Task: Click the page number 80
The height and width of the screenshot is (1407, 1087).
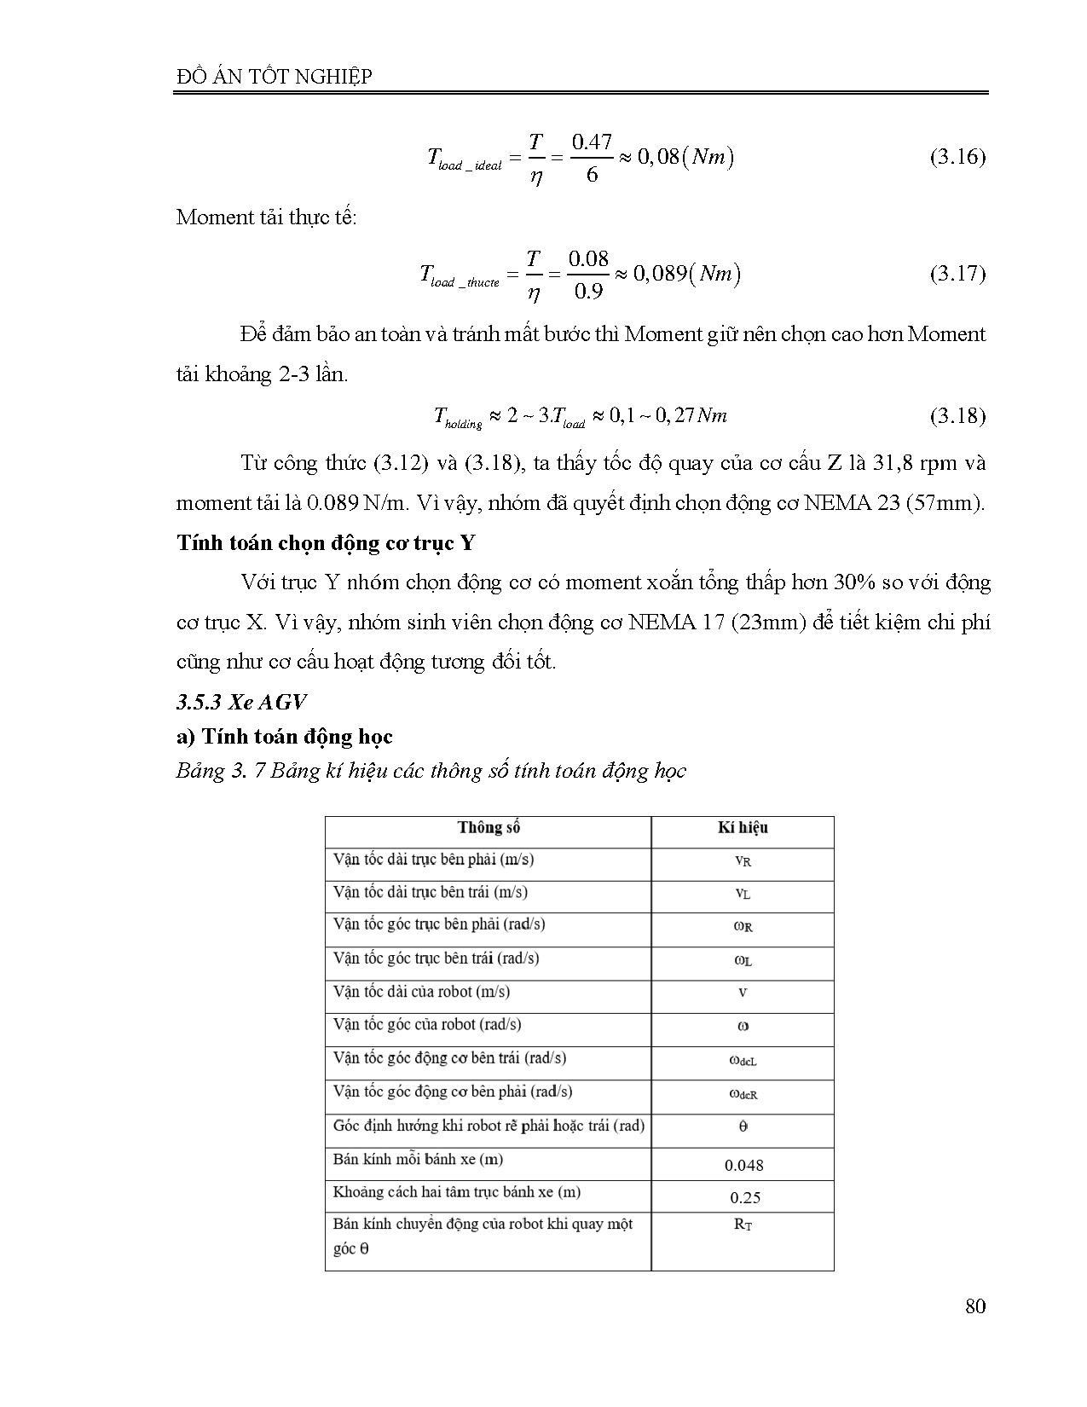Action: click(x=975, y=1306)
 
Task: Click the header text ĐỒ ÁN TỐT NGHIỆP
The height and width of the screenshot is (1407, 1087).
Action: click(x=274, y=77)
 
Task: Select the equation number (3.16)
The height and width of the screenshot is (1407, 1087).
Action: click(x=957, y=158)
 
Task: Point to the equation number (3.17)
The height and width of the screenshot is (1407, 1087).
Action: click(x=957, y=275)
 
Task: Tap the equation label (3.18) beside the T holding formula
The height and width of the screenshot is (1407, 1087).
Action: click(x=957, y=416)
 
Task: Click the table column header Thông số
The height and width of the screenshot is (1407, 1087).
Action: click(x=489, y=828)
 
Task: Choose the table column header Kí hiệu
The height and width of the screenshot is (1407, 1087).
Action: click(x=743, y=828)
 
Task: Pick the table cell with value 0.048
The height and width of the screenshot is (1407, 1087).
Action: click(x=743, y=1165)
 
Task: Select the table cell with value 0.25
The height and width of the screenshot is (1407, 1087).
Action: click(x=744, y=1198)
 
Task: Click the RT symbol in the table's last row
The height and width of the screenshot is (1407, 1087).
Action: click(x=743, y=1225)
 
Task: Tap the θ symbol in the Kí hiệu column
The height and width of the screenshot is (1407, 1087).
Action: click(x=743, y=1126)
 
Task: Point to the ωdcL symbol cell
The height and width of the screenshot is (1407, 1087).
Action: click(x=743, y=1061)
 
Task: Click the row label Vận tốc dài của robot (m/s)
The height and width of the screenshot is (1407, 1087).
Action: click(x=421, y=992)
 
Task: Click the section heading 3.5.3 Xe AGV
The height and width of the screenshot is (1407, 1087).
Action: click(x=241, y=702)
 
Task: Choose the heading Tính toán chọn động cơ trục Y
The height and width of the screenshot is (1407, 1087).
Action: click(x=326, y=543)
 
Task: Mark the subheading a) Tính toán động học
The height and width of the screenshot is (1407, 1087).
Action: click(x=284, y=737)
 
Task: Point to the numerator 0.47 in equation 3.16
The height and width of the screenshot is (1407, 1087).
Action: click(x=591, y=142)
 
